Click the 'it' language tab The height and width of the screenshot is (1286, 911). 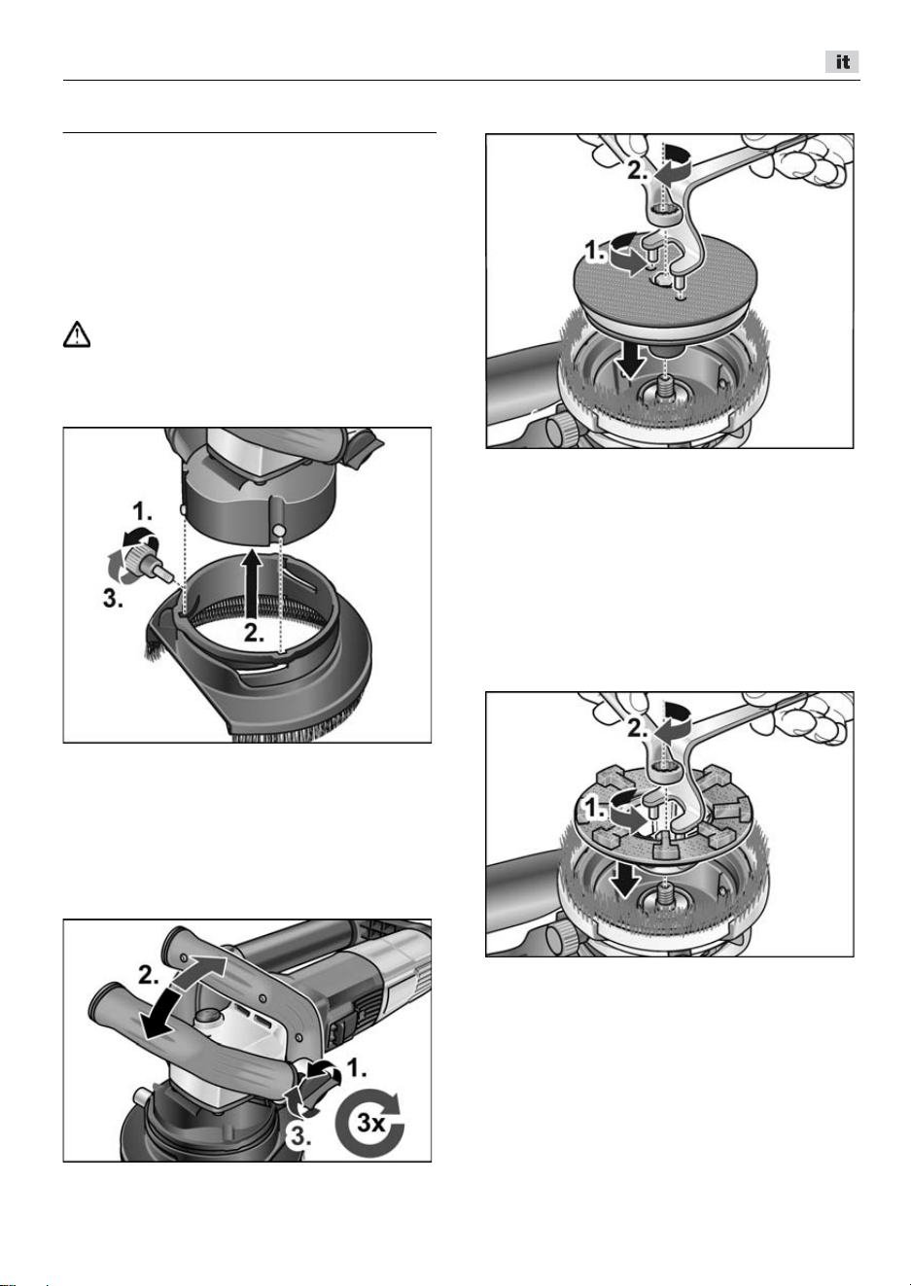(842, 61)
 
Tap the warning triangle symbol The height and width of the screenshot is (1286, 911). (77, 335)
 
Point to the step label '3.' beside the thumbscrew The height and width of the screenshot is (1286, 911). (113, 600)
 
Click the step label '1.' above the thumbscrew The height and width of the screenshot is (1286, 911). (143, 510)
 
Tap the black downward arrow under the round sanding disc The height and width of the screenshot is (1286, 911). (631, 362)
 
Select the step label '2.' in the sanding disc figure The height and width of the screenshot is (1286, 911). (639, 170)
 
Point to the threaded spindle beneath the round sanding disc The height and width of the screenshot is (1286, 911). (666, 386)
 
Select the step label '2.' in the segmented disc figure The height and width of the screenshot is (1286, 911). (639, 729)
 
